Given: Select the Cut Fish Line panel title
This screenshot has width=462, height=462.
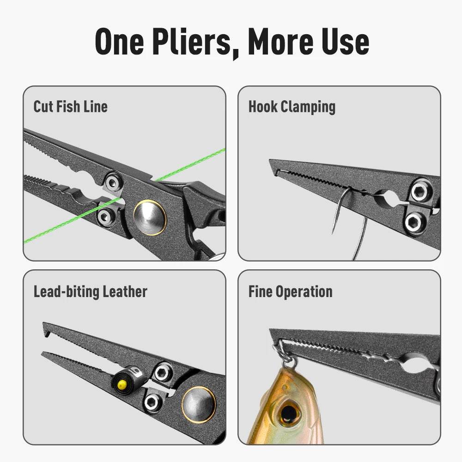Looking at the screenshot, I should coord(70,106).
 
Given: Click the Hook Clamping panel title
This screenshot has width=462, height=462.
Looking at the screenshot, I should coord(292,107).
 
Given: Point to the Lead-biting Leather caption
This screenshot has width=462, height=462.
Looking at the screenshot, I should coord(90,292).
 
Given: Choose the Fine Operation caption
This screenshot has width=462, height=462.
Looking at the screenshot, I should coord(290,292).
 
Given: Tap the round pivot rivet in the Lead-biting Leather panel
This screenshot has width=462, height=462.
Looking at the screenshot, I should coord(198,404).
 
